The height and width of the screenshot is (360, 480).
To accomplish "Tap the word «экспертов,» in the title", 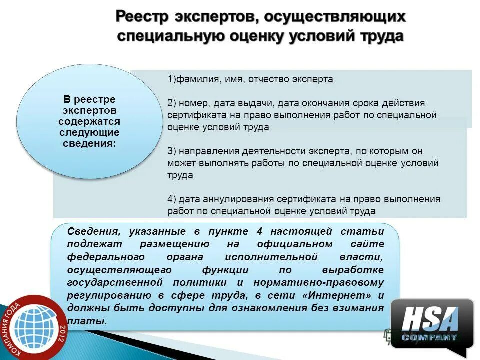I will [214, 17].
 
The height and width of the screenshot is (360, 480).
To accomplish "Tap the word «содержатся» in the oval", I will [89, 121].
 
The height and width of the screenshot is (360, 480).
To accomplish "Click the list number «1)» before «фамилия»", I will [171, 79].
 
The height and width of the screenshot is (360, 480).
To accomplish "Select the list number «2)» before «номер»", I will [172, 103].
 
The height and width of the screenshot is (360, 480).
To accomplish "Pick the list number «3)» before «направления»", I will [172, 151].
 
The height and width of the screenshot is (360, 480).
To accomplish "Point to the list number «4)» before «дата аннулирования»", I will [172, 199].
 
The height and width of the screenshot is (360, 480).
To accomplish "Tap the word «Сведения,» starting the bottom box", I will [93, 231].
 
